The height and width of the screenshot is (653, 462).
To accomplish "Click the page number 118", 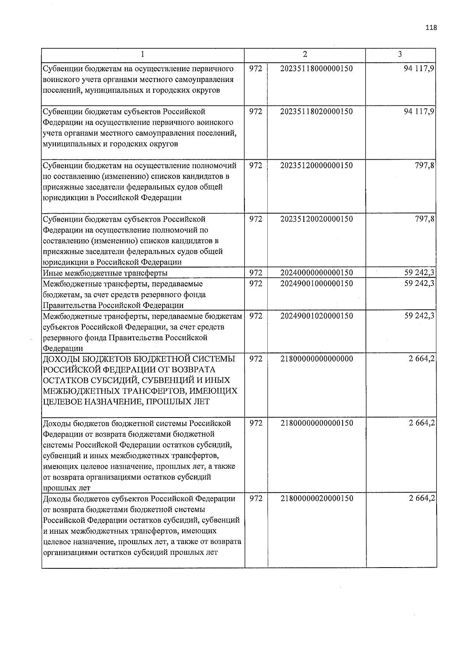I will (431, 27).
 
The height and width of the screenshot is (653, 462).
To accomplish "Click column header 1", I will (143, 55).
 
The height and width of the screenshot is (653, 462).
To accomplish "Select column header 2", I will (305, 55).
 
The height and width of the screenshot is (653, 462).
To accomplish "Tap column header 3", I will (400, 55).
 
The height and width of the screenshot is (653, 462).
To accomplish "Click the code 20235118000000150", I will (316, 68).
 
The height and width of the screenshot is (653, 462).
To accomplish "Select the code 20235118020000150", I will (316, 112).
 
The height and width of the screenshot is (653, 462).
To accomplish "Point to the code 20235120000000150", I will (316, 165).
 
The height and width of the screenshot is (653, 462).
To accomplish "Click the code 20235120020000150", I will (316, 219).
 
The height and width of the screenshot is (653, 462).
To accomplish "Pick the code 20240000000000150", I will (316, 273).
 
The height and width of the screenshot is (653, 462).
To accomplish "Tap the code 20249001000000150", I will (316, 284).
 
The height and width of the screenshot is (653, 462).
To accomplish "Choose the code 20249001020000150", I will (316, 316).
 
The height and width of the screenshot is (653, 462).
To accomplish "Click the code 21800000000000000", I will (316, 359).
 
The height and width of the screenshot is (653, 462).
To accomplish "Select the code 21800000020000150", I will (316, 498).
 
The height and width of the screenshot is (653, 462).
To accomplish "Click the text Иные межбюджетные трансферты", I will (105, 273).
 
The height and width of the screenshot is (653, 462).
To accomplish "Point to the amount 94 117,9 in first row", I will (419, 68).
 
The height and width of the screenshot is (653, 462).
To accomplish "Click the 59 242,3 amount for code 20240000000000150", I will (419, 273).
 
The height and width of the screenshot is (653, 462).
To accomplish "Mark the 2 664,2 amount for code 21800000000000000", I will (422, 359).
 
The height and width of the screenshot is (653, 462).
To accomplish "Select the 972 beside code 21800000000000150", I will (256, 423).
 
